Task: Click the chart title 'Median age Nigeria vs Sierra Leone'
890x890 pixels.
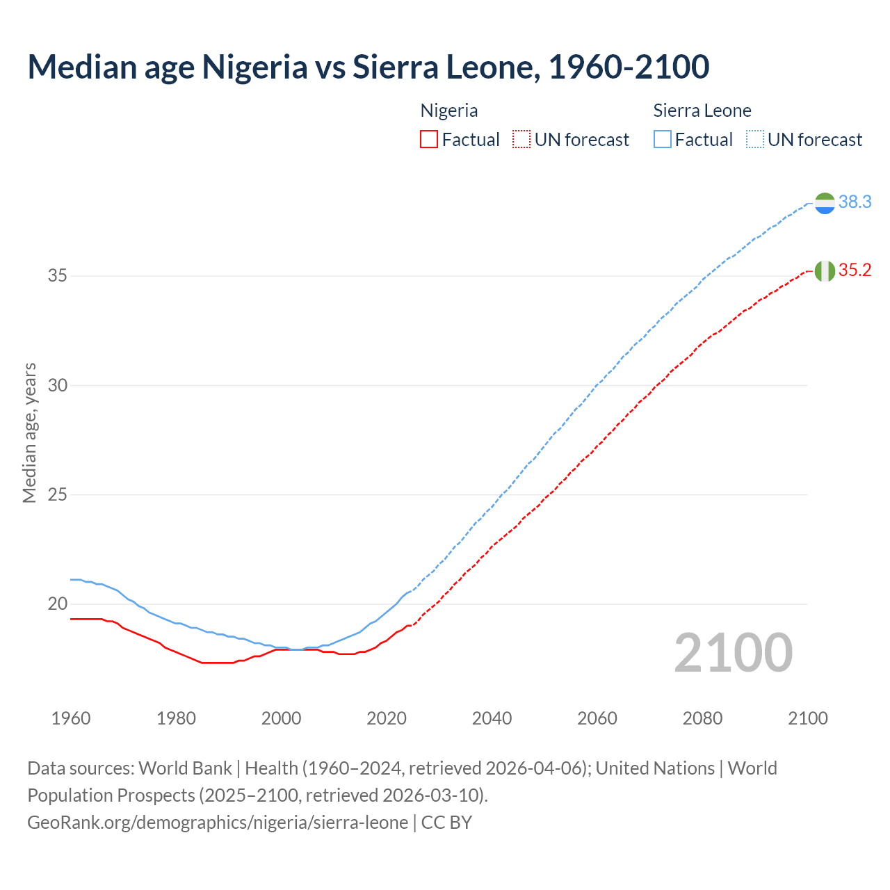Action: coord(368,67)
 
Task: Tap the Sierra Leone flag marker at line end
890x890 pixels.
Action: coord(825,203)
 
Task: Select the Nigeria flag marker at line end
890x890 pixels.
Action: coord(825,270)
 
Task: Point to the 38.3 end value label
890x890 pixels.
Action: coord(855,202)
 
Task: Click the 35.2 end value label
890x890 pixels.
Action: coord(855,270)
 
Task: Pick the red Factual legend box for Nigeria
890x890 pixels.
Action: coord(429,140)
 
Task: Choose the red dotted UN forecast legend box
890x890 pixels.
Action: coord(521,140)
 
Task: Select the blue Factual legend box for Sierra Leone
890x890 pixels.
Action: coord(663,140)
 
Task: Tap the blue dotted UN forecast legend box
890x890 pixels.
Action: coord(755,140)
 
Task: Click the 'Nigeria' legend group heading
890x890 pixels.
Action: coord(449,111)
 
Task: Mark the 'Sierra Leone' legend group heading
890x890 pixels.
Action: coord(702,111)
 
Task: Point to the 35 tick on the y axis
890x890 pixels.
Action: coord(58,276)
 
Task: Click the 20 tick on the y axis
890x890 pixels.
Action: coord(58,604)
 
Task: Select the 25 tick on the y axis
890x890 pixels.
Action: coord(58,495)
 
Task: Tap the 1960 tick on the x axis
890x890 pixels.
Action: coord(71,718)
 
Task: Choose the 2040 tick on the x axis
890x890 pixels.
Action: coord(492,718)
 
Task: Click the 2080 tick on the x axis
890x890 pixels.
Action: coord(702,718)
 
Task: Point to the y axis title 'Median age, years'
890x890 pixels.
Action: coord(29,432)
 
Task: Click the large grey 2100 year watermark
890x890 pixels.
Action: coord(733,653)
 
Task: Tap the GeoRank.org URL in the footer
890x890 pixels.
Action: coord(218,823)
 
